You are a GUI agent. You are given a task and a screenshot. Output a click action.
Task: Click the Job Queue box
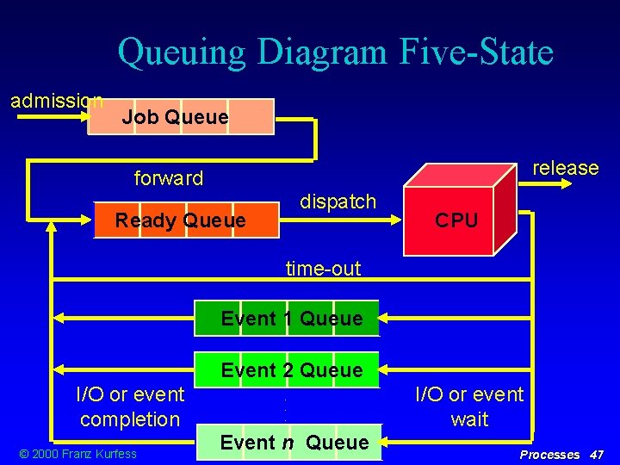point(181,117)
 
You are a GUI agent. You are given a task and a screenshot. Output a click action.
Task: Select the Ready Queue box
point(186,221)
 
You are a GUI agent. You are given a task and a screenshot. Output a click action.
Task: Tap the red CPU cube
point(456,220)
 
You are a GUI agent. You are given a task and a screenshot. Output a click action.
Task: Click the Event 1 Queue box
point(287,319)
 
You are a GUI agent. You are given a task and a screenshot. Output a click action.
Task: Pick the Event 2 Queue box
point(287,370)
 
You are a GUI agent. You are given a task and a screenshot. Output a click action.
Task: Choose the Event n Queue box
point(289,443)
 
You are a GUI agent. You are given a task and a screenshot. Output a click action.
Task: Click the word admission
point(57,101)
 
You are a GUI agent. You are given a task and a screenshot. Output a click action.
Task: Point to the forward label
point(169,178)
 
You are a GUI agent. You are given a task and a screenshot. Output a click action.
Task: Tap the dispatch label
point(338,201)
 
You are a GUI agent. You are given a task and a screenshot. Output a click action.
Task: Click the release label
point(566,168)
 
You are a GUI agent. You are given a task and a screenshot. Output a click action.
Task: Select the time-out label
point(323,269)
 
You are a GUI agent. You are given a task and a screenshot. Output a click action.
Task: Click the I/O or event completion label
point(130,406)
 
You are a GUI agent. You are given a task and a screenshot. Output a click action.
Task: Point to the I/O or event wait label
point(469,406)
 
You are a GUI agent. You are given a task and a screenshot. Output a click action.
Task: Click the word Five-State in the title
point(476,53)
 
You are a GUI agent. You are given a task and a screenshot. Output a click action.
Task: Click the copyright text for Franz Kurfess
point(78,454)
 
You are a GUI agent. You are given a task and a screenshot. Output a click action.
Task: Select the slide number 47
point(595,454)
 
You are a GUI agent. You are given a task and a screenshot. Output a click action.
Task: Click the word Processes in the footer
point(549,454)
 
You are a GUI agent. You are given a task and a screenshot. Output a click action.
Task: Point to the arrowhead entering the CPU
point(398,221)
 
